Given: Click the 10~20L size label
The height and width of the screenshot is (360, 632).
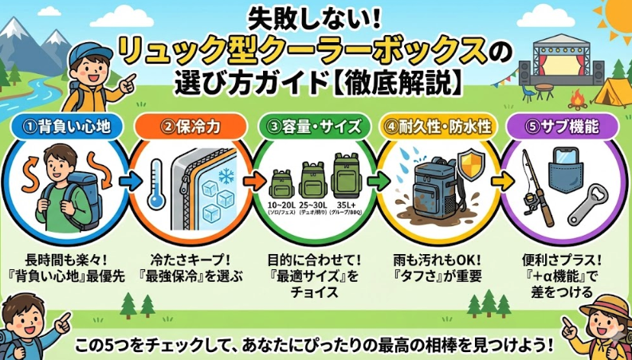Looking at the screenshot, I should pyautogui.click(x=284, y=205).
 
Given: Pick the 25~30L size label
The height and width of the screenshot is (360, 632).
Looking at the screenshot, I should pyautogui.click(x=314, y=205).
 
